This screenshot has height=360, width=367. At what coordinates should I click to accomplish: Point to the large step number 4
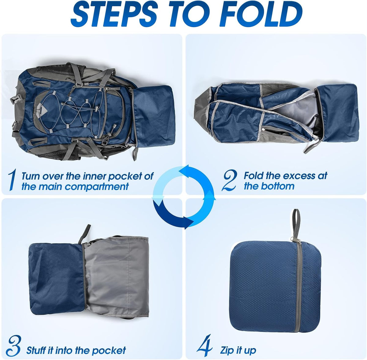coord(205,345)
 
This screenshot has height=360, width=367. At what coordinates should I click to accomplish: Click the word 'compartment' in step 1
coord(97,186)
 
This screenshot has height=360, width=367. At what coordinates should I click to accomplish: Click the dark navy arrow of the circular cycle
coord(171,216)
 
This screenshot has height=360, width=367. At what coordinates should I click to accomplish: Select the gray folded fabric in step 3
coord(116,276)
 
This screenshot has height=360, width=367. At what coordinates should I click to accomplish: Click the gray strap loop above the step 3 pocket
coord(84,234)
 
